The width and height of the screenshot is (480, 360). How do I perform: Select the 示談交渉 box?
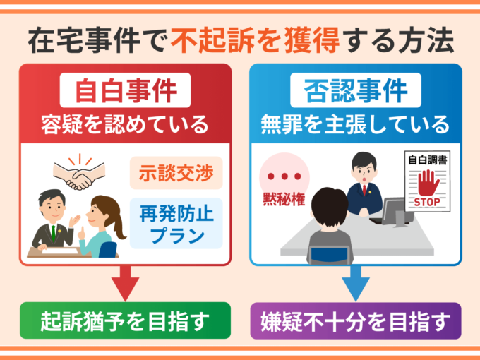[176, 173]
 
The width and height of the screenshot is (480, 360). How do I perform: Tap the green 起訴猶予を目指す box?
[124, 320]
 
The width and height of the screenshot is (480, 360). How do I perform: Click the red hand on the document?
[428, 182]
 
